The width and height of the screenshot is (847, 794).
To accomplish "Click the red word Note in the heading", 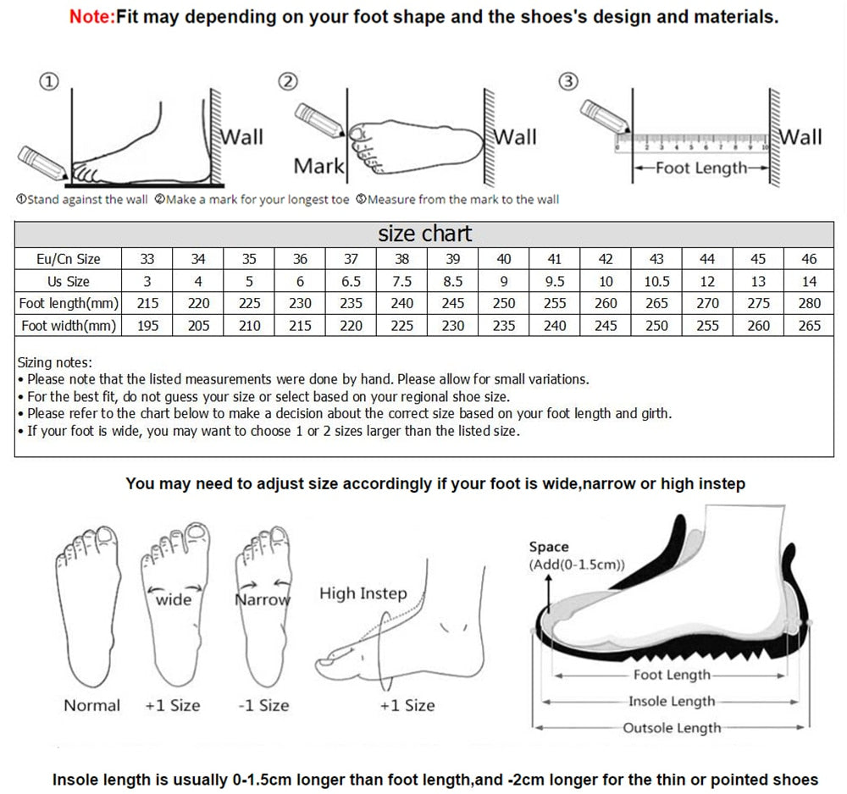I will pyautogui.click(x=91, y=16).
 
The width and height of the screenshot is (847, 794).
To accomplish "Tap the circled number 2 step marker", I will pyautogui.click(x=289, y=81).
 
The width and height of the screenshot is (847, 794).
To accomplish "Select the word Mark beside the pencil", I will pyautogui.click(x=318, y=166).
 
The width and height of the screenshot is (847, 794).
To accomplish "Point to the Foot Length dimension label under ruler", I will pyautogui.click(x=701, y=168).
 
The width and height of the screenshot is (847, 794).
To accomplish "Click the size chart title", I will pyautogui.click(x=425, y=234).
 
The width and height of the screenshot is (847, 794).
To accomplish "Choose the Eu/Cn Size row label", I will pyautogui.click(x=69, y=259).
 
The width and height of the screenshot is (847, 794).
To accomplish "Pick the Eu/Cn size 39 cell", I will pyautogui.click(x=453, y=259).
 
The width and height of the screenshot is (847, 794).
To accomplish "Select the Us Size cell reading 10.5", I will pyautogui.click(x=656, y=281).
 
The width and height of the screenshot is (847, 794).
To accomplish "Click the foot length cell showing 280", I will pyautogui.click(x=809, y=303).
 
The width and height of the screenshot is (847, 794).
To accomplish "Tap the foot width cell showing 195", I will pyautogui.click(x=147, y=325).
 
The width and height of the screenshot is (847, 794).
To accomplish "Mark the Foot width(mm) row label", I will pyautogui.click(x=69, y=325).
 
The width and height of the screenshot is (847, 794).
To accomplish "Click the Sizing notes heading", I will pyautogui.click(x=55, y=362).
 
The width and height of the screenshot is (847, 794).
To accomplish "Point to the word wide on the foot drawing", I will pyautogui.click(x=174, y=599).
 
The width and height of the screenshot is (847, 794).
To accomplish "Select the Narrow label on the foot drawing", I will pyautogui.click(x=262, y=599).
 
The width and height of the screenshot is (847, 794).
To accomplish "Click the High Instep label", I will pyautogui.click(x=363, y=593).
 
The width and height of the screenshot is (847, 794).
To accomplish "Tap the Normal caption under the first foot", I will pyautogui.click(x=92, y=705).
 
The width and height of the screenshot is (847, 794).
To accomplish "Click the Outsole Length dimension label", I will pyautogui.click(x=672, y=728).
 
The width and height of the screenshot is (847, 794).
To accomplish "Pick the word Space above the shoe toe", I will pyautogui.click(x=549, y=547).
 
